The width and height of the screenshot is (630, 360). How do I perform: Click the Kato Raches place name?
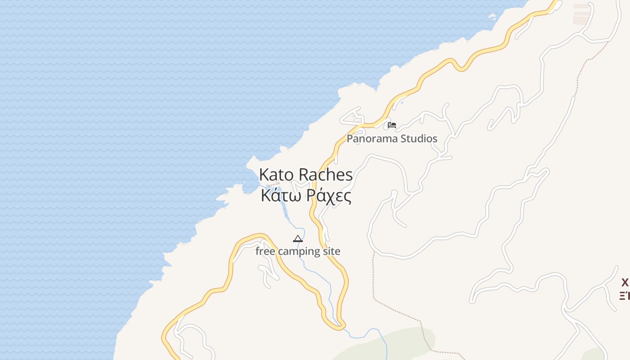[x=306, y=175]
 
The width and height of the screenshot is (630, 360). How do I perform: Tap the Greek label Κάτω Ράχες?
[x=306, y=196]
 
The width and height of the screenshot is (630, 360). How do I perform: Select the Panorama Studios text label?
[x=391, y=139]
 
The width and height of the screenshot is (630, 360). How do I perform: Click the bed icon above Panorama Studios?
[x=392, y=125]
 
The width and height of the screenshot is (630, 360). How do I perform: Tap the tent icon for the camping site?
[x=298, y=238]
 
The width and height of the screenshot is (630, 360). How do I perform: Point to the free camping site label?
[x=298, y=251]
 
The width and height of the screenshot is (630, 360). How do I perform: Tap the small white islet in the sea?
[x=492, y=17]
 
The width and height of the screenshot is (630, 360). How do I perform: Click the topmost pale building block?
[x=581, y=6]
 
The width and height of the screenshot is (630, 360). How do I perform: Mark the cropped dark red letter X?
[x=625, y=283]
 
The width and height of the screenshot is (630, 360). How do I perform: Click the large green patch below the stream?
[x=387, y=344]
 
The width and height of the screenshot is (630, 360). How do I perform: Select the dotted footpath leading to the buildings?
[x=585, y=63]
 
